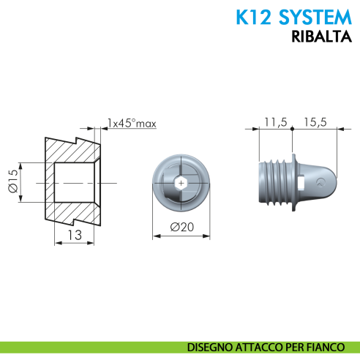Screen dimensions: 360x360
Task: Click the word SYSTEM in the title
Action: [x=307, y=17]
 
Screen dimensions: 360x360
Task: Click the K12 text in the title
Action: [x=253, y=17]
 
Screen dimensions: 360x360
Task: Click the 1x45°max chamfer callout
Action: [x=132, y=123]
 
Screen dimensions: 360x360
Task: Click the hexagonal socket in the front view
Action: [x=182, y=181]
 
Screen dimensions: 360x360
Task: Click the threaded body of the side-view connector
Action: [x=274, y=181]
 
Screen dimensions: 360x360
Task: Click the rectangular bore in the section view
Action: [x=75, y=181]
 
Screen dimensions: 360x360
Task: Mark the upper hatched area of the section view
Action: [x=73, y=149]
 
